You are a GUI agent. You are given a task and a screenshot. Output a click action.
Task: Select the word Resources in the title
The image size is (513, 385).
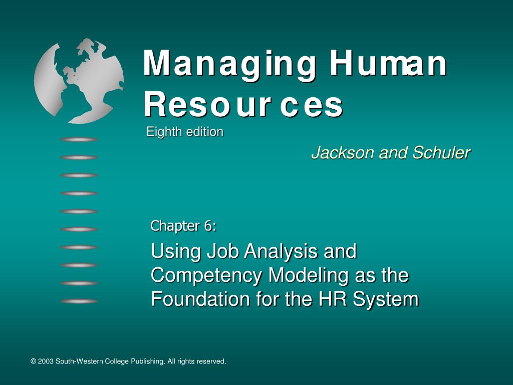pyautogui.click(x=243, y=105)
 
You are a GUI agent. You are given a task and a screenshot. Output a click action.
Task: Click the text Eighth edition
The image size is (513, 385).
pyautogui.click(x=185, y=132)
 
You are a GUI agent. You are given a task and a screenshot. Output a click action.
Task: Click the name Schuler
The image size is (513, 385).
pyautogui.click(x=441, y=153)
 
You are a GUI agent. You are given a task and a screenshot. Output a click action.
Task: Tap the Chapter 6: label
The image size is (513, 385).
pyautogui.click(x=183, y=226)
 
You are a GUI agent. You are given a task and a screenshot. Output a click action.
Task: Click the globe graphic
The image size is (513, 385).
pyautogui.click(x=79, y=80)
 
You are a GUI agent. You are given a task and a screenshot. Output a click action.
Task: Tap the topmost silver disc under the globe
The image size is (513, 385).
pyautogui.click(x=79, y=139)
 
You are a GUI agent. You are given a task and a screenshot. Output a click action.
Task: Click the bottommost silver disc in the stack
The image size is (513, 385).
pyautogui.click(x=79, y=301)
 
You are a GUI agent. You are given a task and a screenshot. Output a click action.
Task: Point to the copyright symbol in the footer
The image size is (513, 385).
pyautogui.click(x=33, y=361)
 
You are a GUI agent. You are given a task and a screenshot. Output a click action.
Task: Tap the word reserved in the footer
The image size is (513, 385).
pyautogui.click(x=212, y=361)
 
